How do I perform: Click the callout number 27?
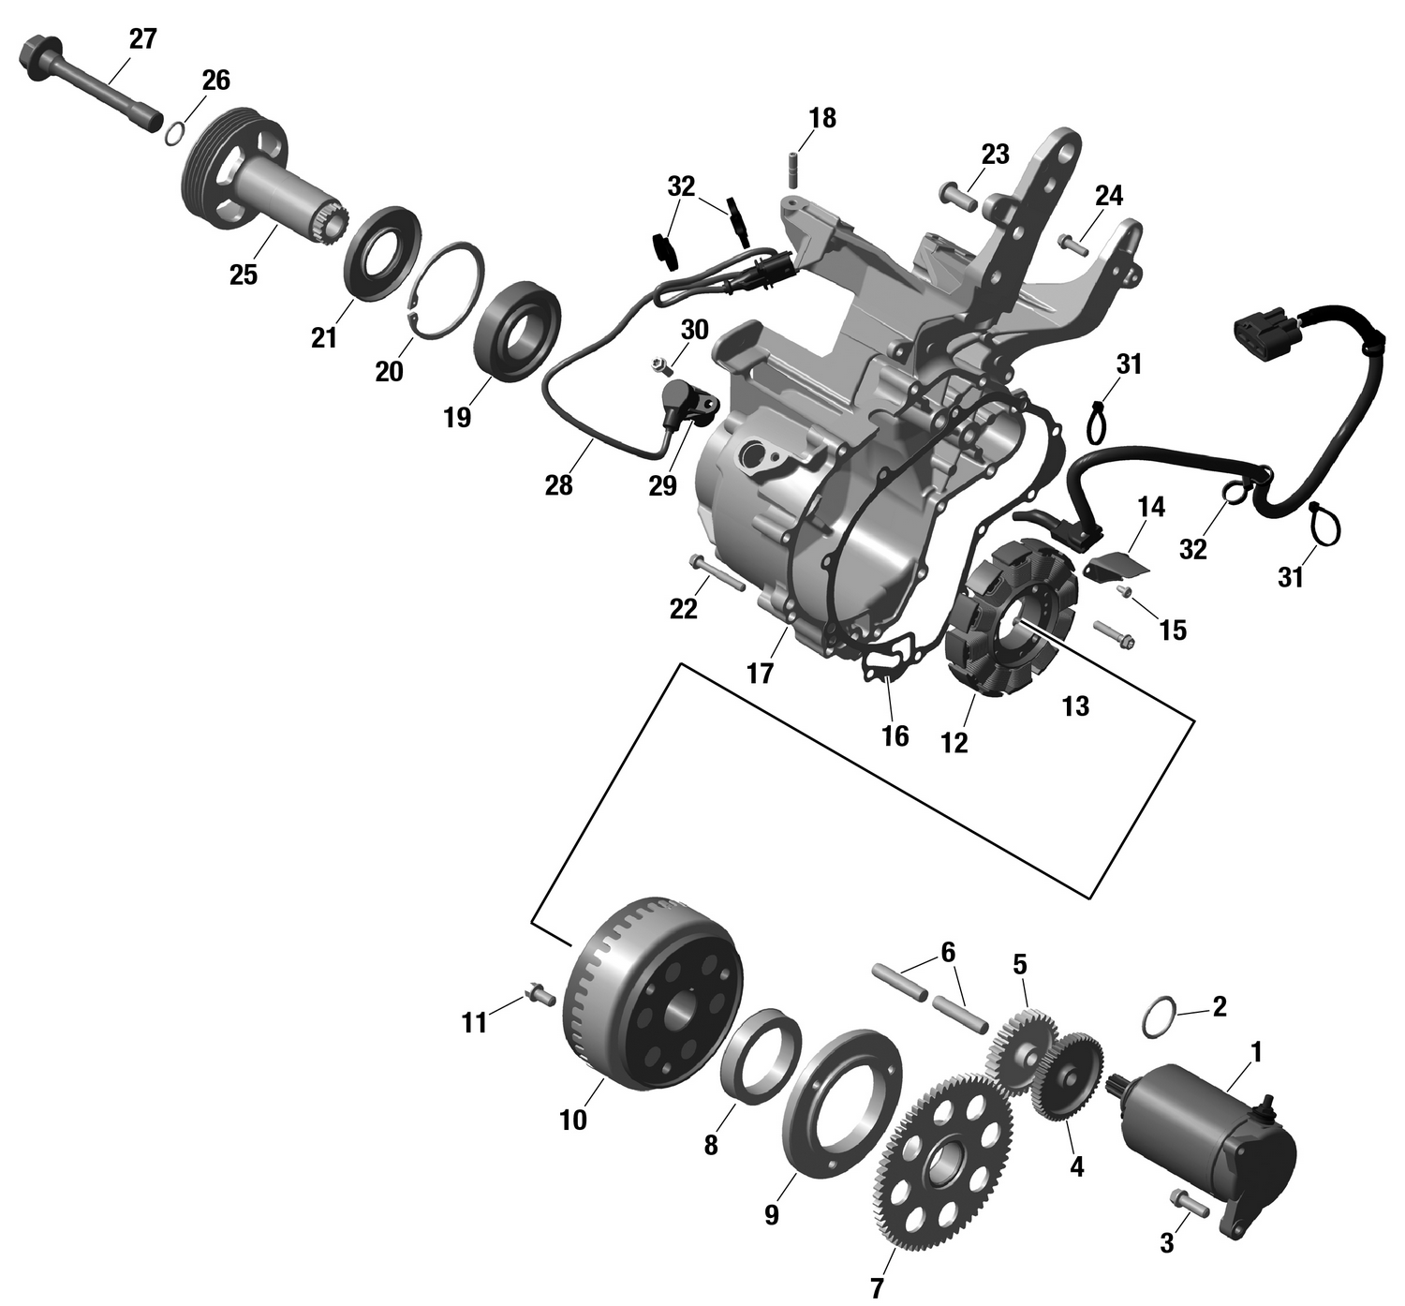pyautogui.click(x=142, y=38)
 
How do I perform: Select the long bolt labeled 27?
pyautogui.click(x=89, y=86)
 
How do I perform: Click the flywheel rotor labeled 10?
pyautogui.click(x=655, y=993)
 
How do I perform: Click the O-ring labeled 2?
pyautogui.click(x=1159, y=1018)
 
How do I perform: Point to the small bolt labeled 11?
pyautogui.click(x=540, y=995)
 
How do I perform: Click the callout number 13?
pyautogui.click(x=1075, y=706)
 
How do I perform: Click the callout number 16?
pyautogui.click(x=895, y=736)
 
